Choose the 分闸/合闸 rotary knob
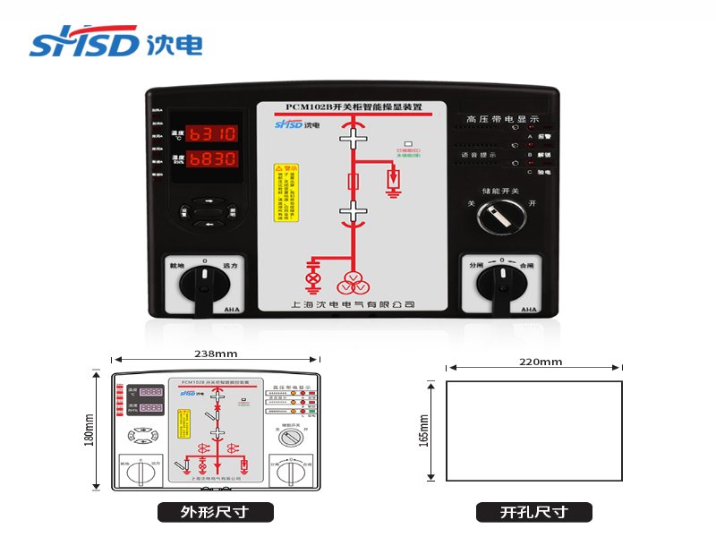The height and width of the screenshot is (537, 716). [x=501, y=284]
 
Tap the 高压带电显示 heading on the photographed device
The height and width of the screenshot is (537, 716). [x=502, y=118]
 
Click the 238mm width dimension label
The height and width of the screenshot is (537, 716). [x=216, y=354]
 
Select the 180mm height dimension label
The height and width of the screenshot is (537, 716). [x=89, y=430]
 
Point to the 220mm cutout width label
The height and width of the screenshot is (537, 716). [x=540, y=362]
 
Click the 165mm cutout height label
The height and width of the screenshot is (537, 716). [x=423, y=430]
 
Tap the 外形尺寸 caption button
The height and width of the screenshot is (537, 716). [x=215, y=513]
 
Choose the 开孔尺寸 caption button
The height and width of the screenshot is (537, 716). [x=534, y=513]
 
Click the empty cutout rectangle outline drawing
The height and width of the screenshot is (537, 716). [x=534, y=431]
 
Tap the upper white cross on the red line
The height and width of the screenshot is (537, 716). [x=354, y=138]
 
